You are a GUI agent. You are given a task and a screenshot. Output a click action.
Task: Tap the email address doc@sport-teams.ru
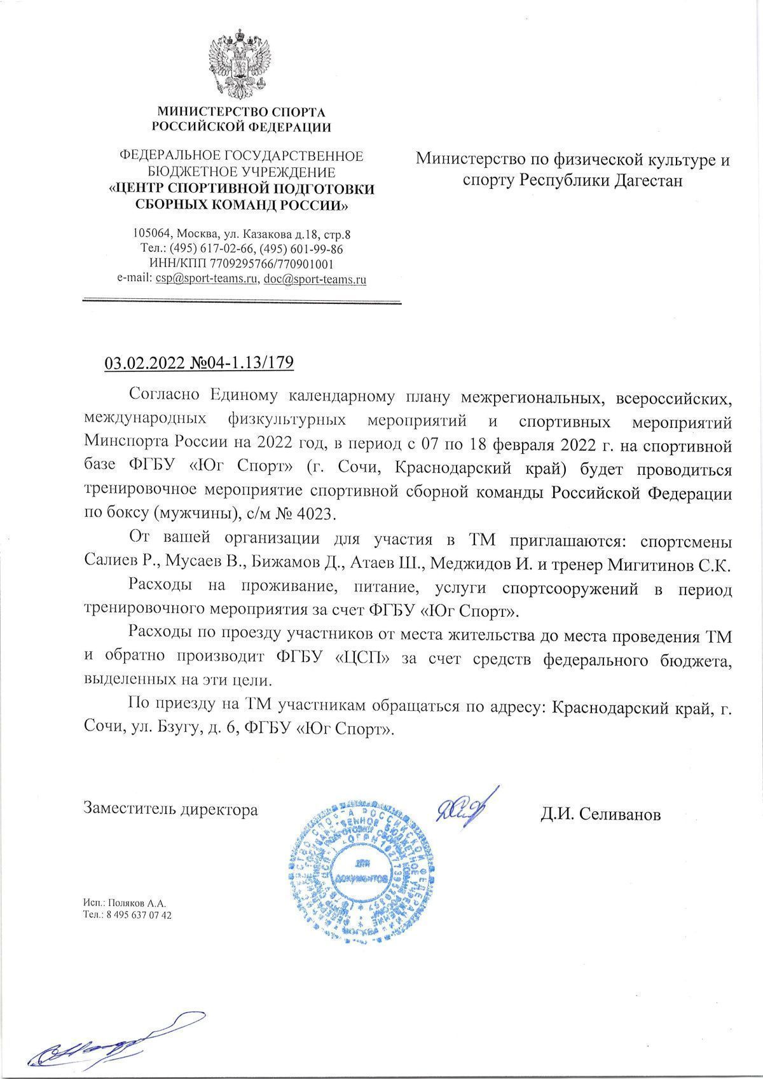315,279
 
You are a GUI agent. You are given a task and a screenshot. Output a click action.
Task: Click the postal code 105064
152,234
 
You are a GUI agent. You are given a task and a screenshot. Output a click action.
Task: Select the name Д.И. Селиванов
601,814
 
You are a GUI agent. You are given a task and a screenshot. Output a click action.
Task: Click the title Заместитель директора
171,810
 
